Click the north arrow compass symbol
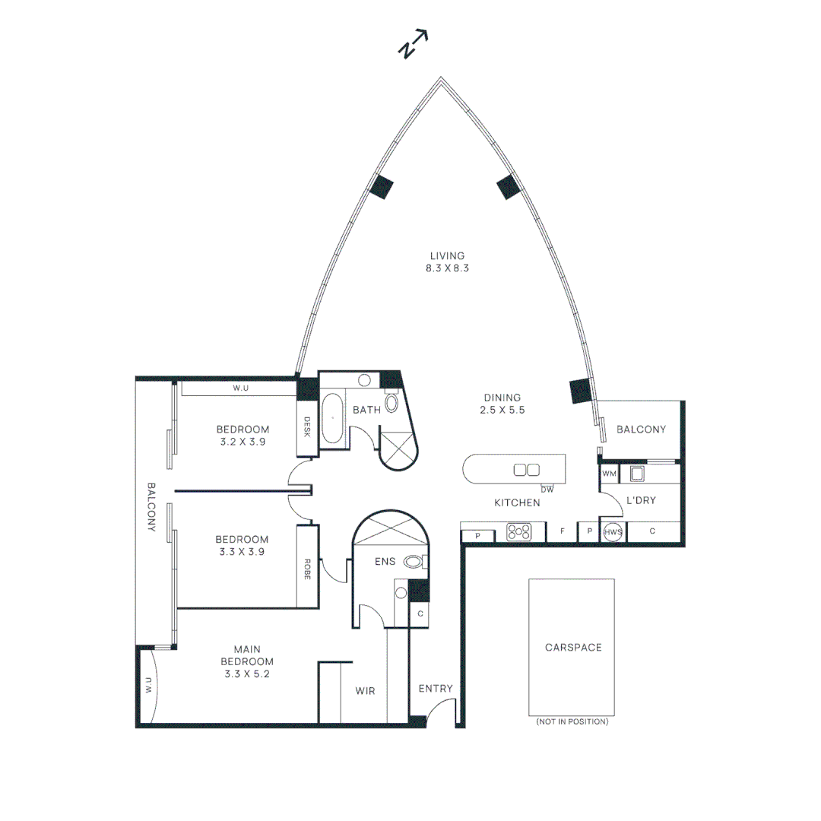pyautogui.click(x=414, y=45)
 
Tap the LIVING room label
pyautogui.click(x=447, y=262)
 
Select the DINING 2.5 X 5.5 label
pyautogui.click(x=502, y=403)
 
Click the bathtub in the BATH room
pyautogui.click(x=332, y=418)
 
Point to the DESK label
pyautogui.click(x=307, y=426)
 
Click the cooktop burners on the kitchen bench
pyautogui.click(x=519, y=531)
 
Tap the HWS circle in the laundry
pyautogui.click(x=613, y=533)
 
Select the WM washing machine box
pyautogui.click(x=609, y=474)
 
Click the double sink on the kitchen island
pyautogui.click(x=526, y=470)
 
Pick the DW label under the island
pyautogui.click(x=547, y=489)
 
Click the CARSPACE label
pyautogui.click(x=572, y=648)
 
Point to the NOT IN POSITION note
pyautogui.click(x=572, y=721)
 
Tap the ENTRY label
pyautogui.click(x=436, y=689)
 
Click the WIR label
pyautogui.click(x=366, y=691)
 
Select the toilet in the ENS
pyautogui.click(x=414, y=562)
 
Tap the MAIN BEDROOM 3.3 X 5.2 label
pyautogui.click(x=247, y=661)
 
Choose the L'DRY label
pyautogui.click(x=640, y=500)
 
